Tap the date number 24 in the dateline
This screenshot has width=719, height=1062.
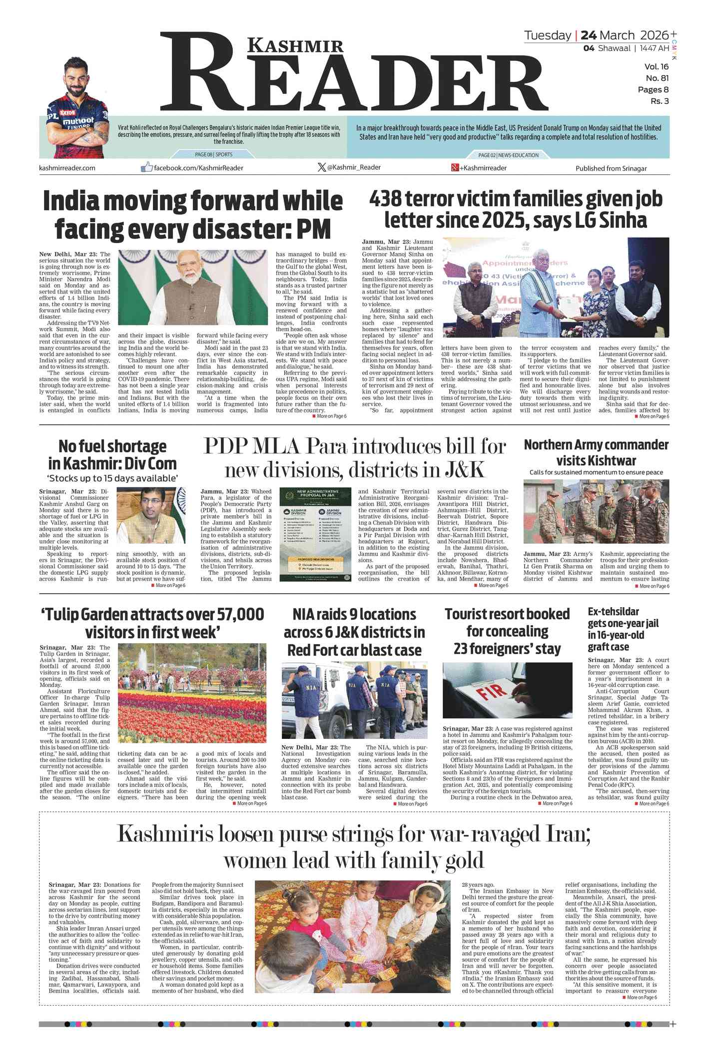[588, 35]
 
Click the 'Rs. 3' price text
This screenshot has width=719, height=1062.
[660, 101]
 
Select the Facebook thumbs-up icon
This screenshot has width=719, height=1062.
[146, 167]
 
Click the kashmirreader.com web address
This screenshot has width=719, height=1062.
[67, 168]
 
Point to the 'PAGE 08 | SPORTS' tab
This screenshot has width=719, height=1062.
[213, 155]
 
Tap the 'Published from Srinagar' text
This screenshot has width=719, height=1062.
[611, 168]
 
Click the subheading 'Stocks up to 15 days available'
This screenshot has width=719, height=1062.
[113, 478]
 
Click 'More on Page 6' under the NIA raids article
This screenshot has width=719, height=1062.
[412, 804]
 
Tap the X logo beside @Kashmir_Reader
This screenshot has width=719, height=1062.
[322, 167]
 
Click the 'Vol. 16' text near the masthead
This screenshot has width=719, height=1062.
[656, 66]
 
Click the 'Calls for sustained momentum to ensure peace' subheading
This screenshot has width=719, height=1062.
[596, 472]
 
